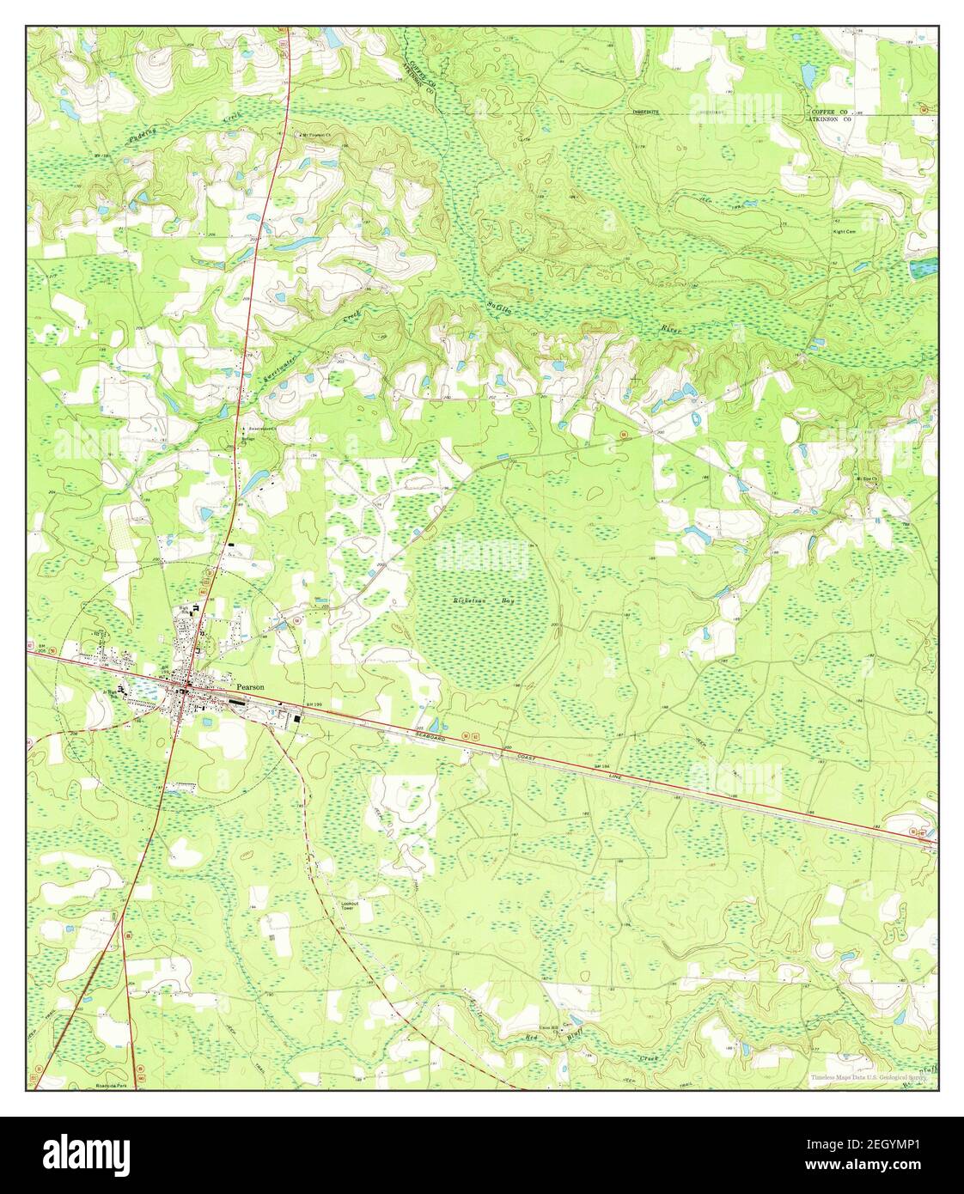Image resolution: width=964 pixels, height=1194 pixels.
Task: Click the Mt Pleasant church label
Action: point(319,136)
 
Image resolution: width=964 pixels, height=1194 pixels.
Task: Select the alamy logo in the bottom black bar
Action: point(87,1152)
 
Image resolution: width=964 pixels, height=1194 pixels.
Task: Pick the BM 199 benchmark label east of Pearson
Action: point(314,704)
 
